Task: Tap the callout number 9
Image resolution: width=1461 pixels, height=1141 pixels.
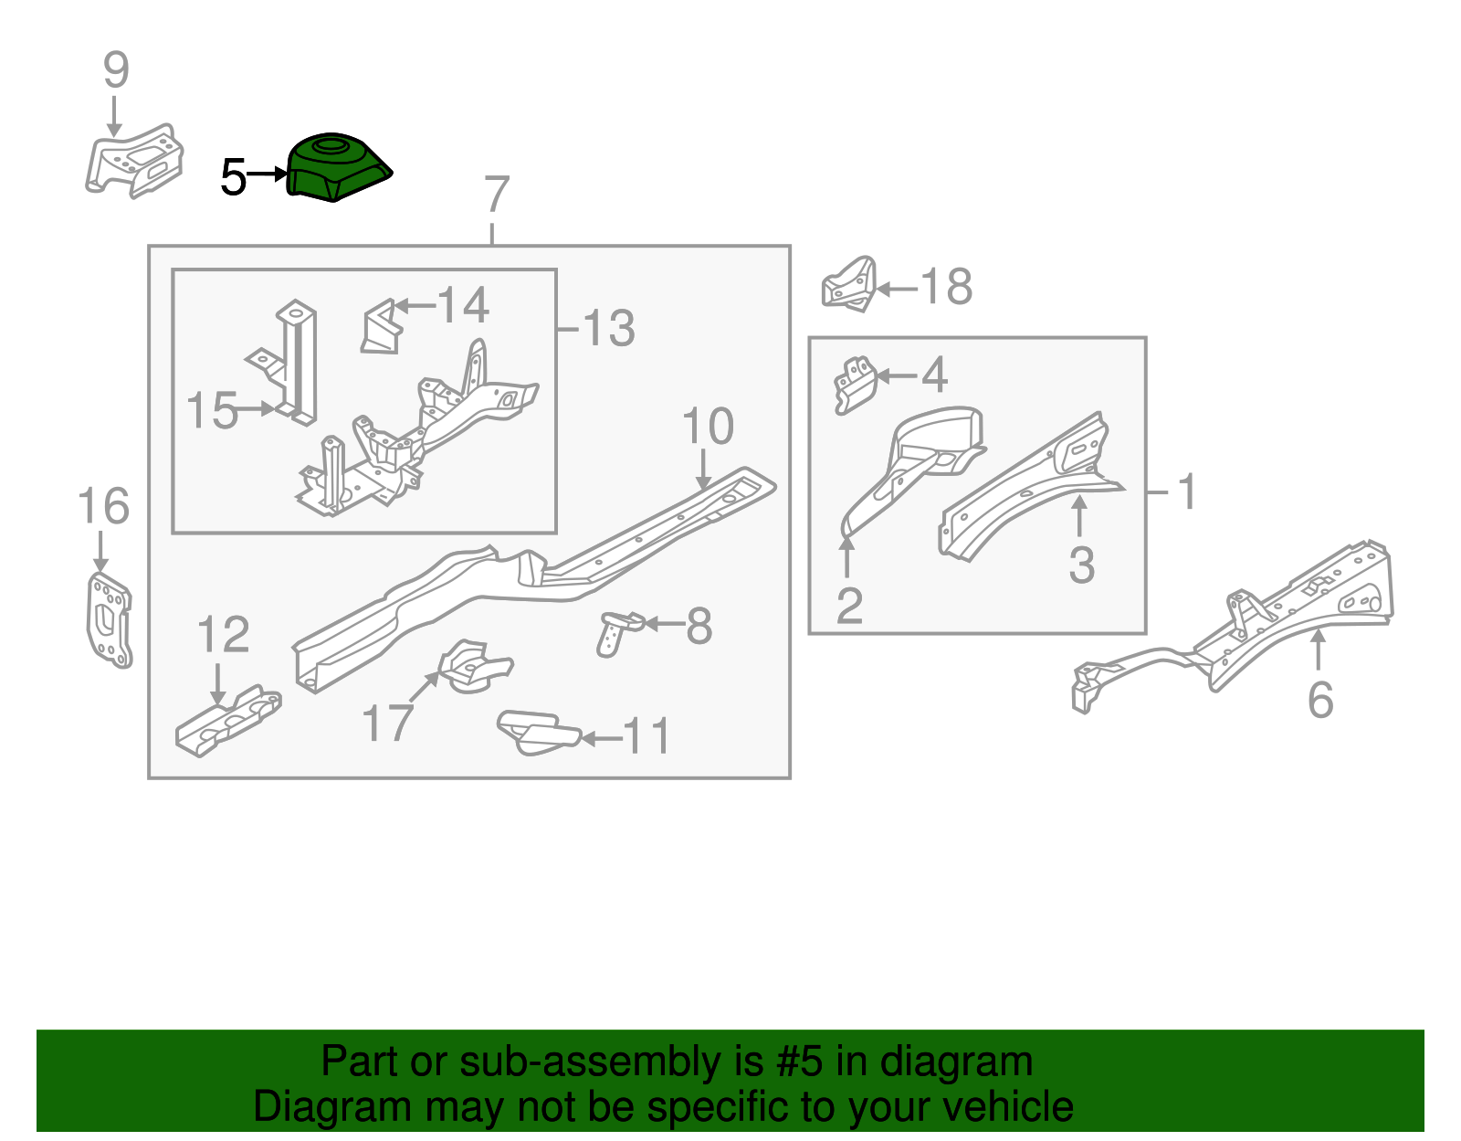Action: point(116,70)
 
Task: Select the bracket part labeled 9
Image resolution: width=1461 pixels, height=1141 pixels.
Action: point(134,161)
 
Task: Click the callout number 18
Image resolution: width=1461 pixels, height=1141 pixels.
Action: point(945,287)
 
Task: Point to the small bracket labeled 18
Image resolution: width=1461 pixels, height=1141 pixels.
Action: point(848,284)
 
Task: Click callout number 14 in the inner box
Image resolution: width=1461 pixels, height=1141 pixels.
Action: point(463,305)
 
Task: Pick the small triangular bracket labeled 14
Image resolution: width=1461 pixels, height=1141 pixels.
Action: point(382,327)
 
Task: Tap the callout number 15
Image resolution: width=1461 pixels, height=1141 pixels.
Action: point(212,410)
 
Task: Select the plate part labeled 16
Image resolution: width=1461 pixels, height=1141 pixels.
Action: point(109,620)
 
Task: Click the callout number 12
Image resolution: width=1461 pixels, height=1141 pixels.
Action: point(223,634)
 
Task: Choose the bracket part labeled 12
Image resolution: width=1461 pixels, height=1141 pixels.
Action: point(228,722)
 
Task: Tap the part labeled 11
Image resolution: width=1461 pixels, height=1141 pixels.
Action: point(539,733)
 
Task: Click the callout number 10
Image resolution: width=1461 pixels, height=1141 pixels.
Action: point(708,427)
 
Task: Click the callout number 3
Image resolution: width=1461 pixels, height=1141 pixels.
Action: point(1082,565)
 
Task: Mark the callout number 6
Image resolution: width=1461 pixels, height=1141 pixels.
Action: point(1319,700)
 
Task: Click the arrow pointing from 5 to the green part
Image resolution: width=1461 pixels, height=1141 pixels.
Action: point(268,174)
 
